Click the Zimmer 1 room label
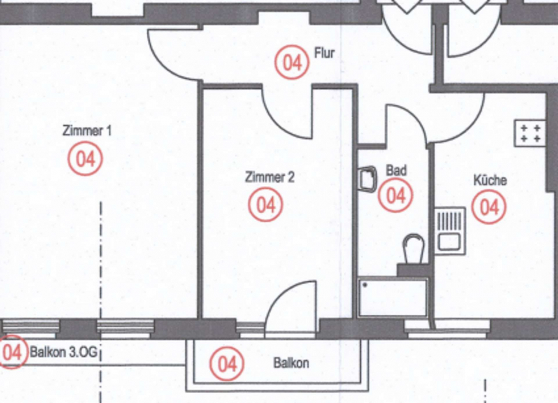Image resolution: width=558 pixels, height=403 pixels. (87, 131)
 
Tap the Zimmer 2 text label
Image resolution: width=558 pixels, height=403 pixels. (270, 177)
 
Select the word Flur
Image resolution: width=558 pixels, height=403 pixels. (324, 53)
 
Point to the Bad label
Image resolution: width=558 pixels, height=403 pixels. (396, 170)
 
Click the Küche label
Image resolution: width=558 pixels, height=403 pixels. (490, 180)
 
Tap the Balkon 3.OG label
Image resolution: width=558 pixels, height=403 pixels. (63, 352)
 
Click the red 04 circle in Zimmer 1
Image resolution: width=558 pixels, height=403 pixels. (86, 159)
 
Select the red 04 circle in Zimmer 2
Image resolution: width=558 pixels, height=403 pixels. (266, 205)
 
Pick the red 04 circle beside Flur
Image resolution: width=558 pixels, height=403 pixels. (292, 62)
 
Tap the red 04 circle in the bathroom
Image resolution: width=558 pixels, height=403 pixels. (396, 195)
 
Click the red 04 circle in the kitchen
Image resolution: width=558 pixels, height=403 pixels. (489, 206)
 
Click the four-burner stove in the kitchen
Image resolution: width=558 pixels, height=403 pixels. (530, 133)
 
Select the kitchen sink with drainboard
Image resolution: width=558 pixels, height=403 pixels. (450, 231)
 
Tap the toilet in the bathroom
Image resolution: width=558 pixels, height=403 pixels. (414, 254)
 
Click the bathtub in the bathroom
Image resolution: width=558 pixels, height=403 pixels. (392, 298)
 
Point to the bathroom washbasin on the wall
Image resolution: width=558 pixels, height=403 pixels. (366, 179)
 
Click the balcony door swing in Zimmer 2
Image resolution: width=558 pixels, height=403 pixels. (291, 309)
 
